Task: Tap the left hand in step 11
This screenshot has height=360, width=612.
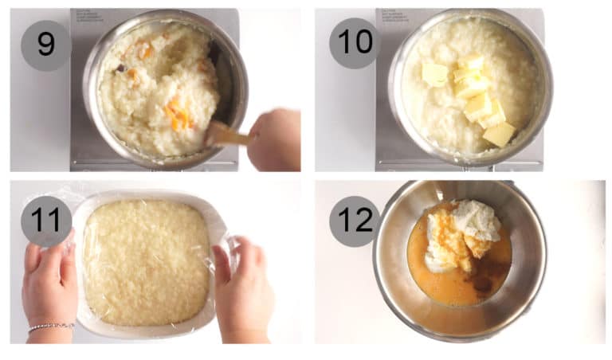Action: coord(48,287)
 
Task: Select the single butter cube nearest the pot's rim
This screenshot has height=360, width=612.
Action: coord(500,134)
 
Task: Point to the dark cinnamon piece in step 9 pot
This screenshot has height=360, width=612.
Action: coord(121,68)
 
